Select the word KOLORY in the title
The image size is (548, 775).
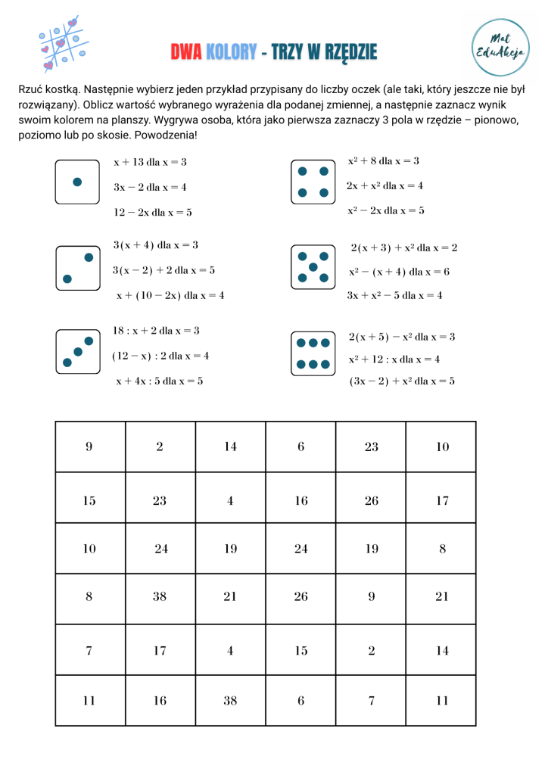(231, 52)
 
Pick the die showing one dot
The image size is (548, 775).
(77, 182)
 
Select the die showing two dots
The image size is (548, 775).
(77, 268)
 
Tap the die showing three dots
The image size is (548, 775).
(77, 352)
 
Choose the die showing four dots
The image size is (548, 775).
(313, 182)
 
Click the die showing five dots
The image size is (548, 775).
(313, 267)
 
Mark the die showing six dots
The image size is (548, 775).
(313, 353)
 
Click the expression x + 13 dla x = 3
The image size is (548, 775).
(150, 162)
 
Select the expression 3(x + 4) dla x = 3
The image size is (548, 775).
(155, 245)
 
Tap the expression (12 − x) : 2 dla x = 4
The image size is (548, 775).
(160, 356)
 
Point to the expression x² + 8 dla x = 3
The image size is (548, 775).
(383, 161)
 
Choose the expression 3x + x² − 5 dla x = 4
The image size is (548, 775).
(394, 295)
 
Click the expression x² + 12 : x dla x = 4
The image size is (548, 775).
(394, 359)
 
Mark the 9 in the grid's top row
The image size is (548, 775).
(89, 447)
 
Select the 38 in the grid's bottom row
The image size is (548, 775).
(230, 701)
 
